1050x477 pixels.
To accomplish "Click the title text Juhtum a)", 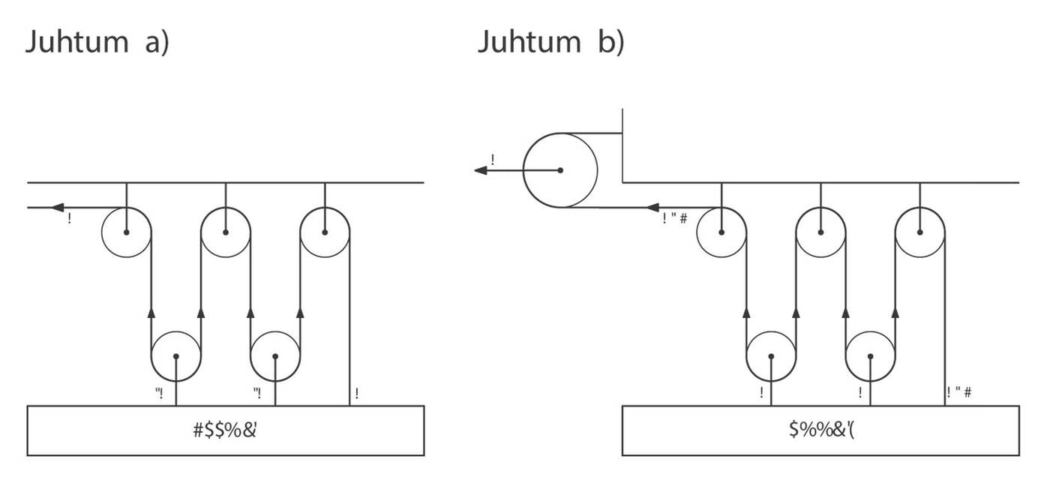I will (97, 42).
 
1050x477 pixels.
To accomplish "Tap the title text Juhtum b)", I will (551, 42).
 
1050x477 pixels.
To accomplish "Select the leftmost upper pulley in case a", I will (126, 232).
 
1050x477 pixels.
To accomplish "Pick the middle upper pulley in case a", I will (226, 232).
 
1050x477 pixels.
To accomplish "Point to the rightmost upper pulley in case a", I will (325, 232).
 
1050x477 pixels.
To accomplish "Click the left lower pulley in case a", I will (176, 357).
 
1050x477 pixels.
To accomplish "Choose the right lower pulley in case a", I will (275, 357).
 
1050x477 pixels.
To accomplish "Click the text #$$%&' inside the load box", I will (226, 430).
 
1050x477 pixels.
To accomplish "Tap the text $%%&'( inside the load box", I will (820, 430).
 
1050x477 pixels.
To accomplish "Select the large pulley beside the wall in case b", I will (560, 170).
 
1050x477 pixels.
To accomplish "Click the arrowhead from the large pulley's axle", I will (481, 170).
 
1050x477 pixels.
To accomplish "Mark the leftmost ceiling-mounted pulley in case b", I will (721, 232).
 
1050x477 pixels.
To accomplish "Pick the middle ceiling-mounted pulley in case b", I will (820, 232).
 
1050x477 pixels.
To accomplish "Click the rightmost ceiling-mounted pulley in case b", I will (920, 232).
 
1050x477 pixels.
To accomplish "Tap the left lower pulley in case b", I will (771, 357).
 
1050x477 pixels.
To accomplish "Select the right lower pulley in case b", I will (870, 357).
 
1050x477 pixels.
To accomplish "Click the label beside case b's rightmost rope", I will (959, 392).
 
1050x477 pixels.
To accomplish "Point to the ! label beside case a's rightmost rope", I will (356, 393).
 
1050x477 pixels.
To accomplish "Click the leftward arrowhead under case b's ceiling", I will (652, 207).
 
